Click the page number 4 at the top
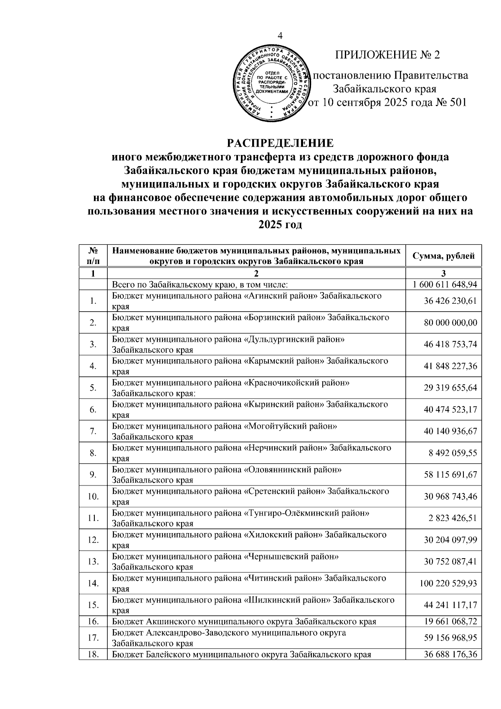pyautogui.click(x=280, y=36)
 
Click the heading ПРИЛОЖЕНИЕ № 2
pyautogui.click(x=388, y=55)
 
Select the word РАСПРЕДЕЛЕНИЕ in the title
pyautogui.click(x=280, y=143)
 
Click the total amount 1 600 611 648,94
pyautogui.click(x=444, y=285)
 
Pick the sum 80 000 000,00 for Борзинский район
pyautogui.click(x=450, y=323)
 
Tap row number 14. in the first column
pyautogui.click(x=93, y=584)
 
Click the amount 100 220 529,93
pyautogui.click(x=448, y=584)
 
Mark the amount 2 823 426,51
pyautogui.click(x=452, y=518)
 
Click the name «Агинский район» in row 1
pyautogui.click(x=284, y=296)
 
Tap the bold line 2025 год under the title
pyautogui.click(x=280, y=224)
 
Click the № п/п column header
pyautogui.click(x=93, y=256)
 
